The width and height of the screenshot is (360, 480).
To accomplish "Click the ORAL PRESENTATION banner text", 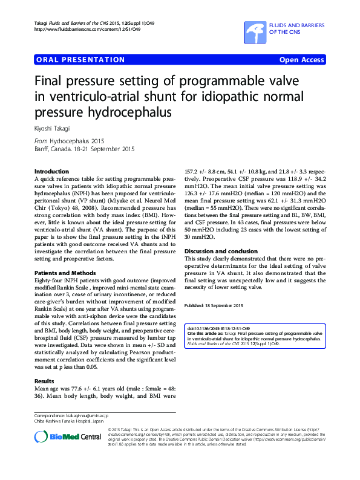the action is [x=80, y=60].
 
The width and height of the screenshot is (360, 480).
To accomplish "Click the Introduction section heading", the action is [x=51, y=172].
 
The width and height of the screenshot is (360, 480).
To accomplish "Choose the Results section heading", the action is [x=44, y=381].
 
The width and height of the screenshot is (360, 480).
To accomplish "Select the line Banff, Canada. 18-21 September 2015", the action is [x=84, y=149].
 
